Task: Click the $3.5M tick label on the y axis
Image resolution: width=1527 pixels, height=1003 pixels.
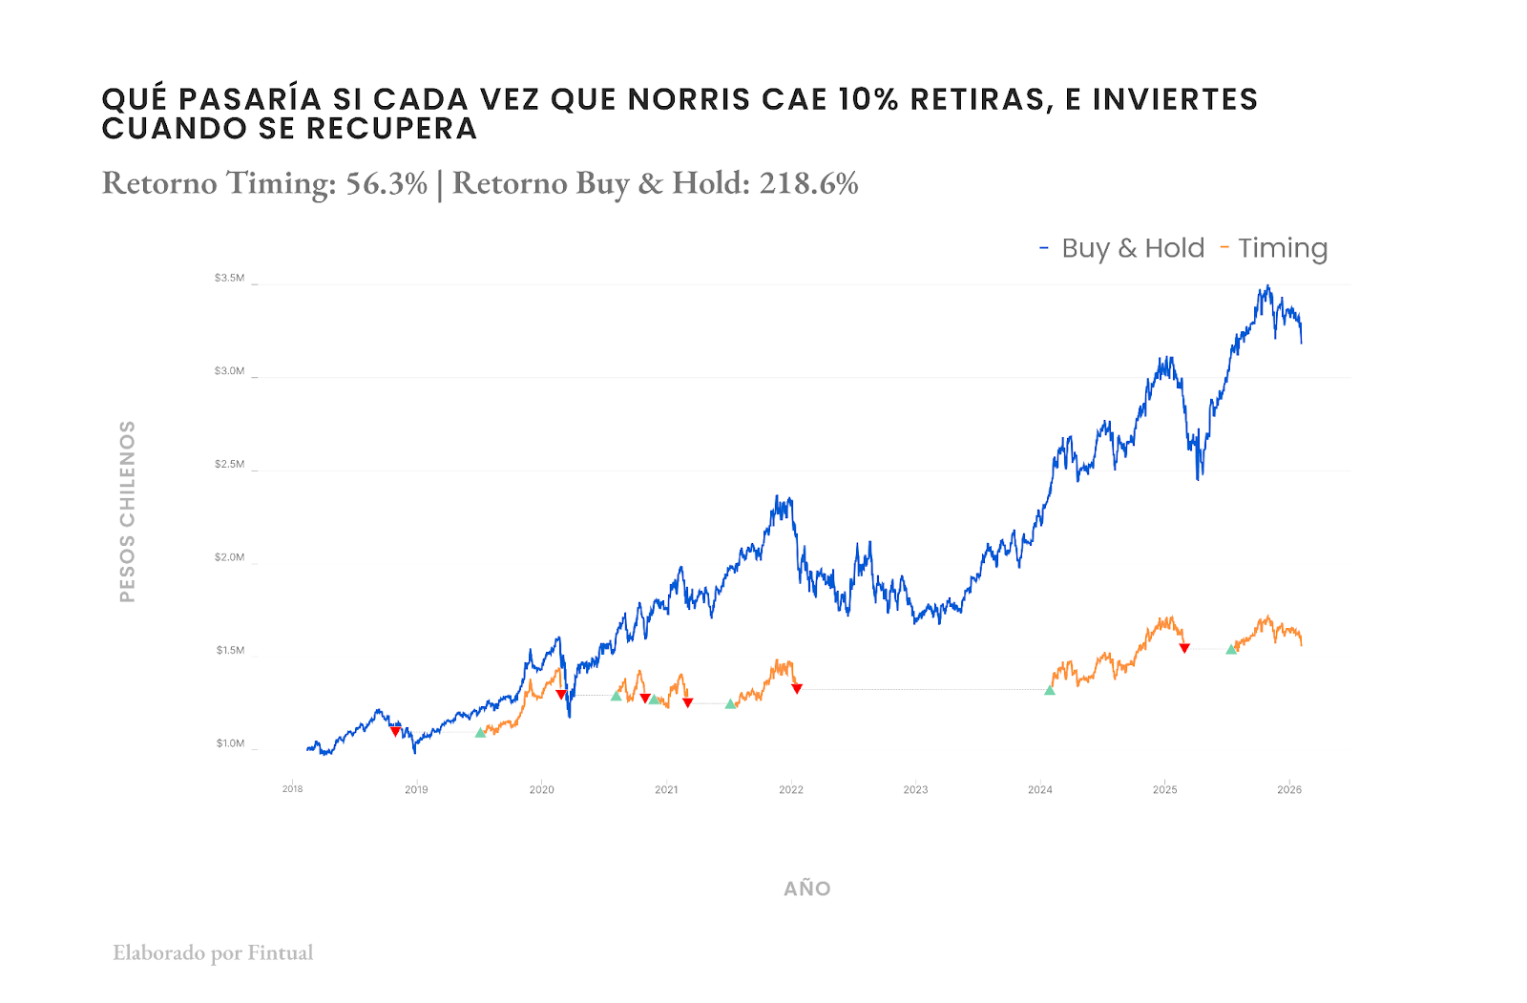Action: [x=229, y=279]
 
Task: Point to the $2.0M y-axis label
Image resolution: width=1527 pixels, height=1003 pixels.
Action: [x=229, y=557]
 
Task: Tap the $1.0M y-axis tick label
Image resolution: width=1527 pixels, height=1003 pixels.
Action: [x=230, y=743]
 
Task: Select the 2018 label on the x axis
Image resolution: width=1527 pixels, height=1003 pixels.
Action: [x=292, y=789]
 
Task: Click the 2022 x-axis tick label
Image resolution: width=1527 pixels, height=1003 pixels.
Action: [x=791, y=789]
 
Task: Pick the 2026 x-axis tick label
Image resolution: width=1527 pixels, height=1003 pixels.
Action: [x=1289, y=789]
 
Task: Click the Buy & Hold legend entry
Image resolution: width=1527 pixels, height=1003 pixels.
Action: [x=1132, y=248]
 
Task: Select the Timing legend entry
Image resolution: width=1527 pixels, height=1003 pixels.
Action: [x=1282, y=248]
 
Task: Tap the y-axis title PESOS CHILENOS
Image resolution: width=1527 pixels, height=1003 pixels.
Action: [x=127, y=512]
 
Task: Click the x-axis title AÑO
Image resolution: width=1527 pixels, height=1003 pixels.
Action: [x=807, y=888]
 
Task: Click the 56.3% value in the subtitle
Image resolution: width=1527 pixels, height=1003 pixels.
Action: [x=387, y=183]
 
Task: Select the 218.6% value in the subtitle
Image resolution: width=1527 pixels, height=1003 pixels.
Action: [x=809, y=183]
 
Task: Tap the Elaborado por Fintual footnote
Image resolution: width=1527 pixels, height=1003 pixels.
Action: [x=213, y=952]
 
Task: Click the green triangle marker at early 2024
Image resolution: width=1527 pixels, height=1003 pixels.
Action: [x=1050, y=690]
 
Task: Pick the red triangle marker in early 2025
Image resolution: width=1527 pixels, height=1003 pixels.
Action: [x=1184, y=649]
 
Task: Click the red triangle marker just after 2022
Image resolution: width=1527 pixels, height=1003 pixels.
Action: [x=797, y=689]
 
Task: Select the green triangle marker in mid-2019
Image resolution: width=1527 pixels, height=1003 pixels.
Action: [x=480, y=733]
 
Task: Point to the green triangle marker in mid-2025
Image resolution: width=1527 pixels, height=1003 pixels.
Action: [x=1231, y=649]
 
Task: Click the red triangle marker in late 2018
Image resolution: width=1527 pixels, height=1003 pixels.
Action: [x=395, y=732]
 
